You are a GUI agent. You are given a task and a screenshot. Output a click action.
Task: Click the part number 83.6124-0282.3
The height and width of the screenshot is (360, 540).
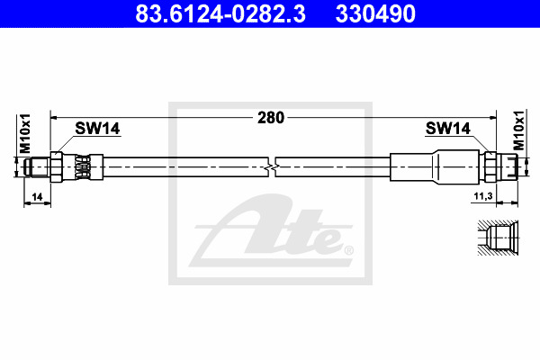click(x=220, y=13)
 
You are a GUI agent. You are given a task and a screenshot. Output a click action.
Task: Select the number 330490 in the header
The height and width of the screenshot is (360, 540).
click(x=375, y=13)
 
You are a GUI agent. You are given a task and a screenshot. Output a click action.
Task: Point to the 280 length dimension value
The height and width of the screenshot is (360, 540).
click(x=271, y=118)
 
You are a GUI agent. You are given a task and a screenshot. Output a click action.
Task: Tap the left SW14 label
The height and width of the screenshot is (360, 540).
click(x=97, y=129)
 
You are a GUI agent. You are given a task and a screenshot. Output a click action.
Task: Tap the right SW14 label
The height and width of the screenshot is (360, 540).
click(x=447, y=129)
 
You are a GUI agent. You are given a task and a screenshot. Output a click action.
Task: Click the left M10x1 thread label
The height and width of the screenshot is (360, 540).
click(x=25, y=133)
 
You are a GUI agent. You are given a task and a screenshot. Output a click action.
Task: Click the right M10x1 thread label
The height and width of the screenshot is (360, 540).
click(x=519, y=130)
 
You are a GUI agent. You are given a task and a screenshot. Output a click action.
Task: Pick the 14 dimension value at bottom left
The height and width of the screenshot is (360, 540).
click(x=37, y=197)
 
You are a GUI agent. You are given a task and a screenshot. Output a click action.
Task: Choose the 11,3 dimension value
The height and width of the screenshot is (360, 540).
click(x=483, y=196)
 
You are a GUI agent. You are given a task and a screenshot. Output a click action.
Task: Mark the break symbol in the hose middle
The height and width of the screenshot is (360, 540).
click(x=272, y=167)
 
